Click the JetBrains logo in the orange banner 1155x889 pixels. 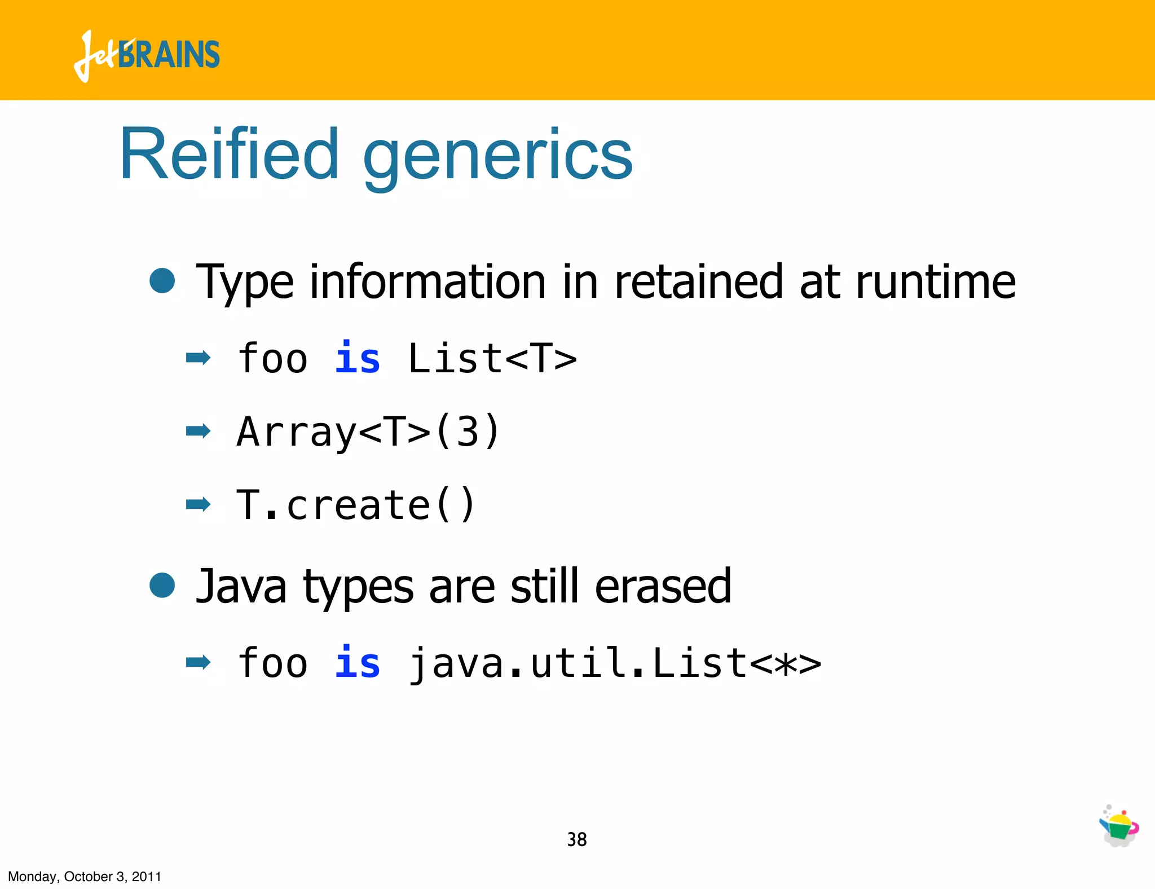[147, 55]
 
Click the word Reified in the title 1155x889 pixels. [229, 155]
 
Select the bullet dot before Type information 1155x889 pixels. [162, 280]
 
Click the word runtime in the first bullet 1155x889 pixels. [936, 281]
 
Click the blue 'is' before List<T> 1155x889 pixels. [358, 358]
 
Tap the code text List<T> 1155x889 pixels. [492, 358]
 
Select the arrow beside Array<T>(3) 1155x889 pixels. [198, 432]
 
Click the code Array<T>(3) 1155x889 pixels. [368, 432]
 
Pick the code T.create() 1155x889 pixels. [355, 505]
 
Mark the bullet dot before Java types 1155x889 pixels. [162, 585]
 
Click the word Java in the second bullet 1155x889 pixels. [241, 587]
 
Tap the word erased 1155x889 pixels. [663, 587]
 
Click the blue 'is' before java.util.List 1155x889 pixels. [358, 663]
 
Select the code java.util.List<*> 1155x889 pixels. [614, 663]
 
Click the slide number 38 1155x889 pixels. [576, 839]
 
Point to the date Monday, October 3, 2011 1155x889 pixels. [85, 877]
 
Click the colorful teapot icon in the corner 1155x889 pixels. [1119, 826]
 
